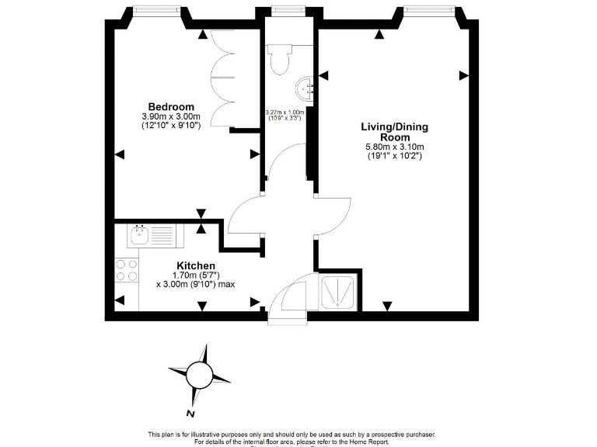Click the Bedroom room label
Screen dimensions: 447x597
pos(171,106)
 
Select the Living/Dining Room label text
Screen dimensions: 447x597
pos(394,132)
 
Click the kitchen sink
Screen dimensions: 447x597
pos(141,234)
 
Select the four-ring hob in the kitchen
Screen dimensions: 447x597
pos(127,269)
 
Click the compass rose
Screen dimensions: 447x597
pos(200,376)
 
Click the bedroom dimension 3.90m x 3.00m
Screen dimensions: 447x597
pos(171,116)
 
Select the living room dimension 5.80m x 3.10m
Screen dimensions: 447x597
pos(394,147)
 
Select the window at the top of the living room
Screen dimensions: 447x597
pos(428,10)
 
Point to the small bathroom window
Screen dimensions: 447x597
pos(288,10)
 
